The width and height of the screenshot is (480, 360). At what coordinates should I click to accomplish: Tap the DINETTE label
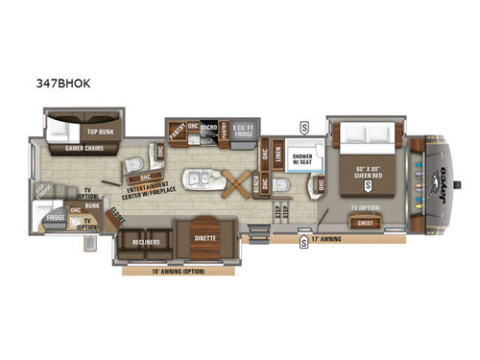[204, 237]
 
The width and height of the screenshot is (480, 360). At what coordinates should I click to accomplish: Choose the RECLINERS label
[146, 243]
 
